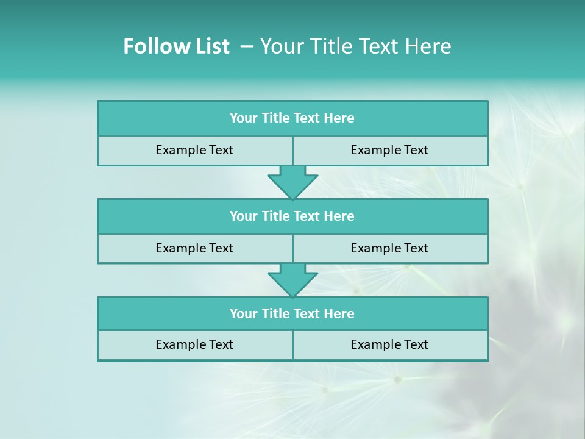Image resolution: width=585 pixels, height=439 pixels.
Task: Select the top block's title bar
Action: [x=292, y=118]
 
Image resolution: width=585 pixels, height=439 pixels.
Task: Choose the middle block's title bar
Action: [x=292, y=216]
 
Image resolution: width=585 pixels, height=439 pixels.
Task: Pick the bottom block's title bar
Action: [x=292, y=314]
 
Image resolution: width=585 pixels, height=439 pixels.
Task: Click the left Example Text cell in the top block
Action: [x=194, y=151]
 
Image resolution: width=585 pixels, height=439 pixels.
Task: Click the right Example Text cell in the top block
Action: [x=389, y=151]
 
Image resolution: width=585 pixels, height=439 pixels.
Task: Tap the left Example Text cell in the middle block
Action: [x=194, y=249]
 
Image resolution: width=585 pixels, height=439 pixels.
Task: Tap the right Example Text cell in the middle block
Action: [x=389, y=249]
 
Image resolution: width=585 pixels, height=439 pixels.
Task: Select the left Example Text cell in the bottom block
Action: [x=194, y=345]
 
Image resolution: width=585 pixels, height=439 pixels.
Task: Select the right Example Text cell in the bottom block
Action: [x=389, y=345]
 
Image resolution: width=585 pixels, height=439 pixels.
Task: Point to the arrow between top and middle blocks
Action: [x=292, y=182]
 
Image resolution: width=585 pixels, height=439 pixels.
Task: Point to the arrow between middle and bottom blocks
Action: [x=292, y=280]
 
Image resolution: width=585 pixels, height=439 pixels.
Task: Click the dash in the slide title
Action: [x=247, y=46]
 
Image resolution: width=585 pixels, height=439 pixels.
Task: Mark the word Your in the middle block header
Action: [x=243, y=216]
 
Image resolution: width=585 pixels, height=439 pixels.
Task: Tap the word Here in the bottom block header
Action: [x=339, y=314]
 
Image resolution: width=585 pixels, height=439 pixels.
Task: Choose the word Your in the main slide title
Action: [x=278, y=46]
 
